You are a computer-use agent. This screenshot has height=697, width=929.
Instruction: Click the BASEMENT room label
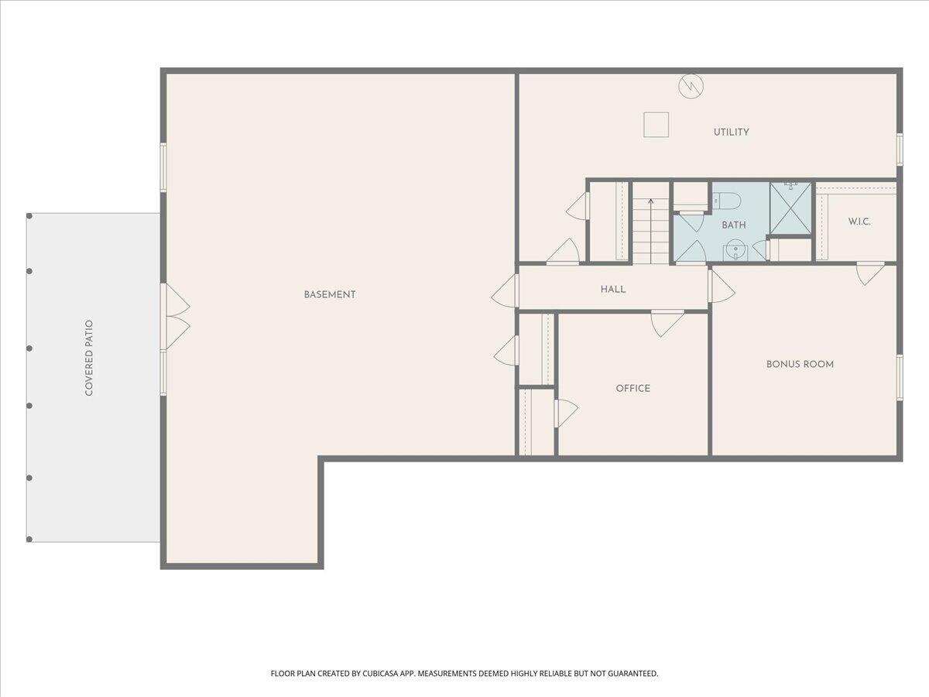coord(330,294)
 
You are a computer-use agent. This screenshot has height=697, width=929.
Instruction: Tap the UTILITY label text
coord(731,132)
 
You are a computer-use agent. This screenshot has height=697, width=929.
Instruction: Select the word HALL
coord(613,289)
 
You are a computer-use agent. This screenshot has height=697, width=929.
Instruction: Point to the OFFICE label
coord(632,388)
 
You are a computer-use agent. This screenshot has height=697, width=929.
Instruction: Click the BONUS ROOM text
coord(800,364)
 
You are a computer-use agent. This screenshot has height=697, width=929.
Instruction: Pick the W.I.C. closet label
coord(859,221)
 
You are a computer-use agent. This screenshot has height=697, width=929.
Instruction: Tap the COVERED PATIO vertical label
coord(89,358)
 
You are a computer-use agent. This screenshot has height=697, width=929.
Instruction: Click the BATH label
coord(734,225)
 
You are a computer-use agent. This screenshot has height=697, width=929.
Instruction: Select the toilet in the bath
coord(727,201)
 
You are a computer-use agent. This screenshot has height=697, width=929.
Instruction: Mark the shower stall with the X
coord(790,208)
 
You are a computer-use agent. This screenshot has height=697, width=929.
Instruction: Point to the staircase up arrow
coord(651,203)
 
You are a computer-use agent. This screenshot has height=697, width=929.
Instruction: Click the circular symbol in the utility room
coord(691,86)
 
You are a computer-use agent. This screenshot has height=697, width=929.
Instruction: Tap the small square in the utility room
coord(656,125)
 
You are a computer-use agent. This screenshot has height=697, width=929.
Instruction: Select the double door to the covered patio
coord(174,316)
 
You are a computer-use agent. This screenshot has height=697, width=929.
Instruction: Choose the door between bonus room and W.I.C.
coord(870,272)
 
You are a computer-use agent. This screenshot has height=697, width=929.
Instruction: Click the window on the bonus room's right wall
coord(900,377)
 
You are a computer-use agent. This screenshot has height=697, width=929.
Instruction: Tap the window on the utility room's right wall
coord(900,149)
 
